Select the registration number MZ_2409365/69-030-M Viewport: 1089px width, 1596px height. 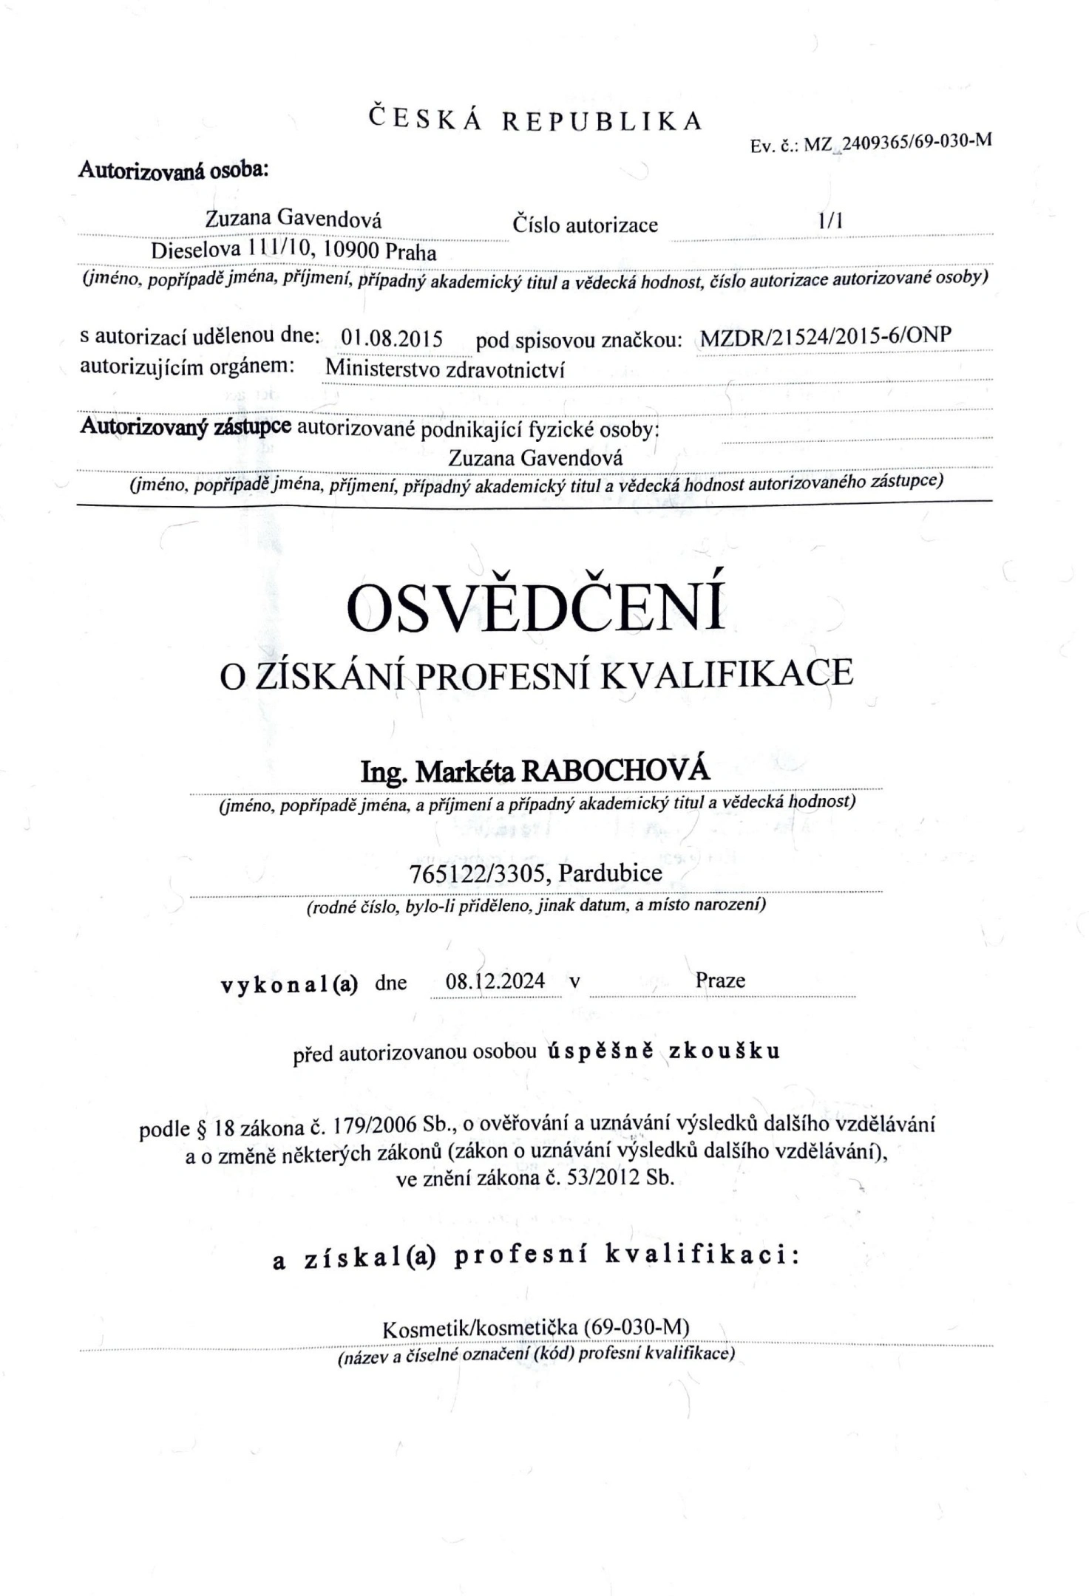[896, 143]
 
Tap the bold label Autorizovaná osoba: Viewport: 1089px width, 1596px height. [173, 170]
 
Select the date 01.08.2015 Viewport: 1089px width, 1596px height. [392, 338]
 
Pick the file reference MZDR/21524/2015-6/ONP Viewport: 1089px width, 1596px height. [825, 337]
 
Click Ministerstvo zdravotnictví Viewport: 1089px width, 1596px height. [445, 369]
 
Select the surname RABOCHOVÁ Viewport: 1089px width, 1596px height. [616, 772]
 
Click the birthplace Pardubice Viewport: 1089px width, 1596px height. [610, 873]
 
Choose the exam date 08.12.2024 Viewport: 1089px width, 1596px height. [495, 981]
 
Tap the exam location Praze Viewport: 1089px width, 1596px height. [720, 980]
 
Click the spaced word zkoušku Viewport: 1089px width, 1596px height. [725, 1051]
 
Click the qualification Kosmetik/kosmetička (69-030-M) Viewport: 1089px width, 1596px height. [536, 1328]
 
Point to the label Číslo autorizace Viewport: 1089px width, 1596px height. [585, 225]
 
